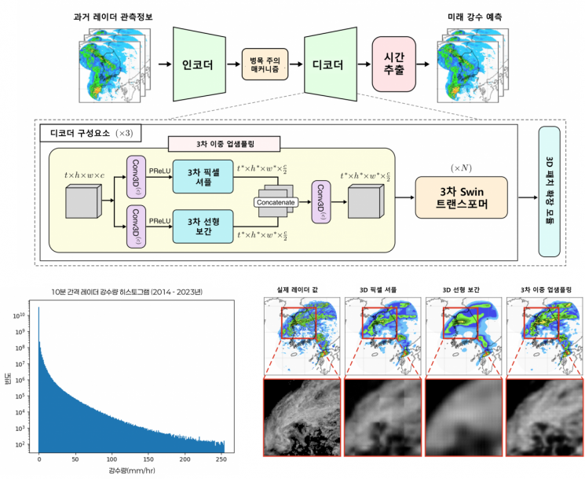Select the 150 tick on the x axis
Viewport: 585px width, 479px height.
point(148,459)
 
